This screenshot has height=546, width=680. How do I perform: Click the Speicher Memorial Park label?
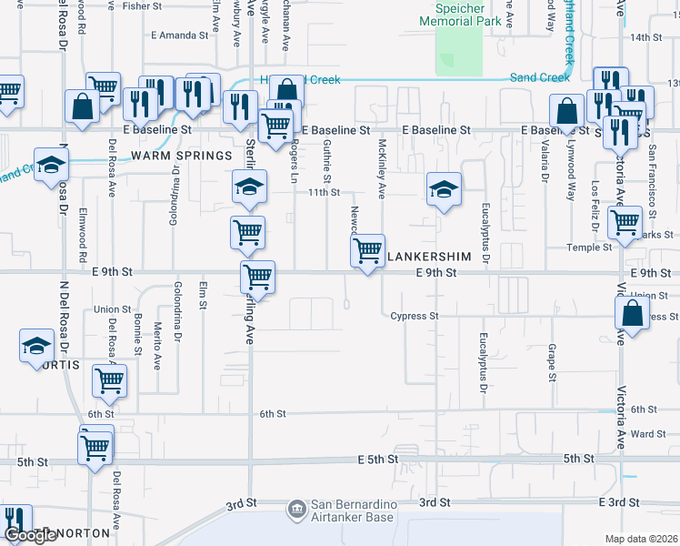click(x=462, y=13)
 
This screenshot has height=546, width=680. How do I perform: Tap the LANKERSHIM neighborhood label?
click(x=429, y=257)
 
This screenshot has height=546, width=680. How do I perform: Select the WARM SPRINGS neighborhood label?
click(x=181, y=156)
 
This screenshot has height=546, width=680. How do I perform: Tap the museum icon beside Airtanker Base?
click(x=295, y=510)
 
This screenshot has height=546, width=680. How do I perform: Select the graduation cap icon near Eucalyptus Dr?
click(x=443, y=189)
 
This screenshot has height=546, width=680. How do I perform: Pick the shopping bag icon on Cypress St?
click(x=633, y=314)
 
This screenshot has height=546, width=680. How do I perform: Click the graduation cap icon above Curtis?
click(x=37, y=346)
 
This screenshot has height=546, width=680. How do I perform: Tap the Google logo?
click(x=30, y=536)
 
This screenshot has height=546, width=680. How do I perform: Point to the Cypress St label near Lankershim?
click(x=415, y=317)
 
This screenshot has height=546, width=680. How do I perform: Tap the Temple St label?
click(x=589, y=248)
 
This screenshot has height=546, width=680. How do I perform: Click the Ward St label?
click(x=648, y=434)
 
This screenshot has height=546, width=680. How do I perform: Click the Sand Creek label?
click(x=540, y=78)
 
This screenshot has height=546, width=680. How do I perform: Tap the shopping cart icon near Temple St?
click(x=625, y=222)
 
